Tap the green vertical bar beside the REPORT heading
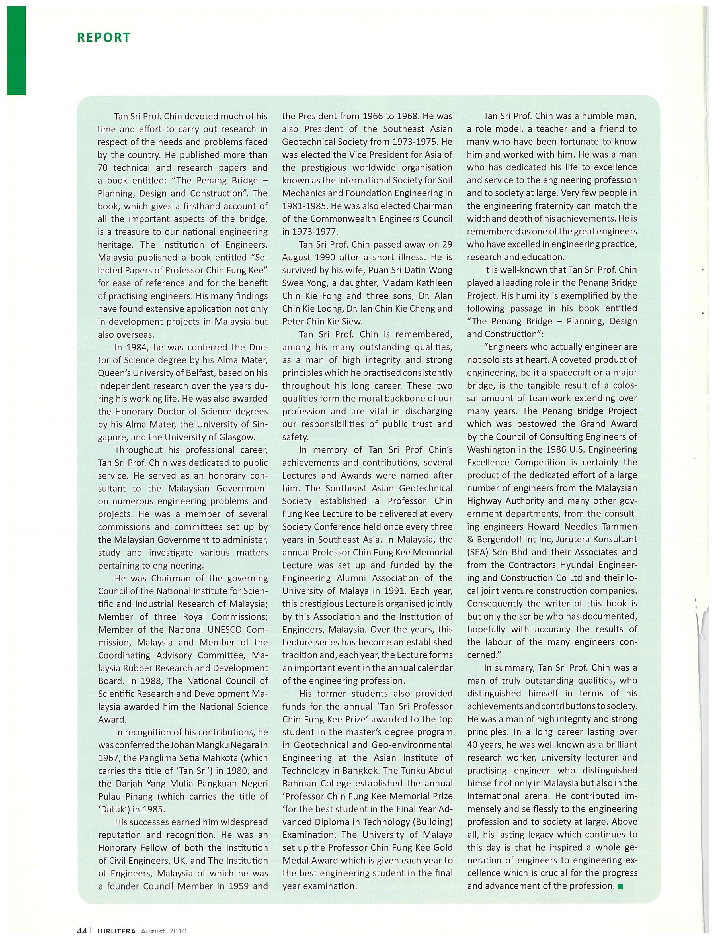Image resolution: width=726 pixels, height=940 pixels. [x=16, y=50]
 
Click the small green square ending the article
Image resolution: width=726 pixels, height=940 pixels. [x=620, y=886]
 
